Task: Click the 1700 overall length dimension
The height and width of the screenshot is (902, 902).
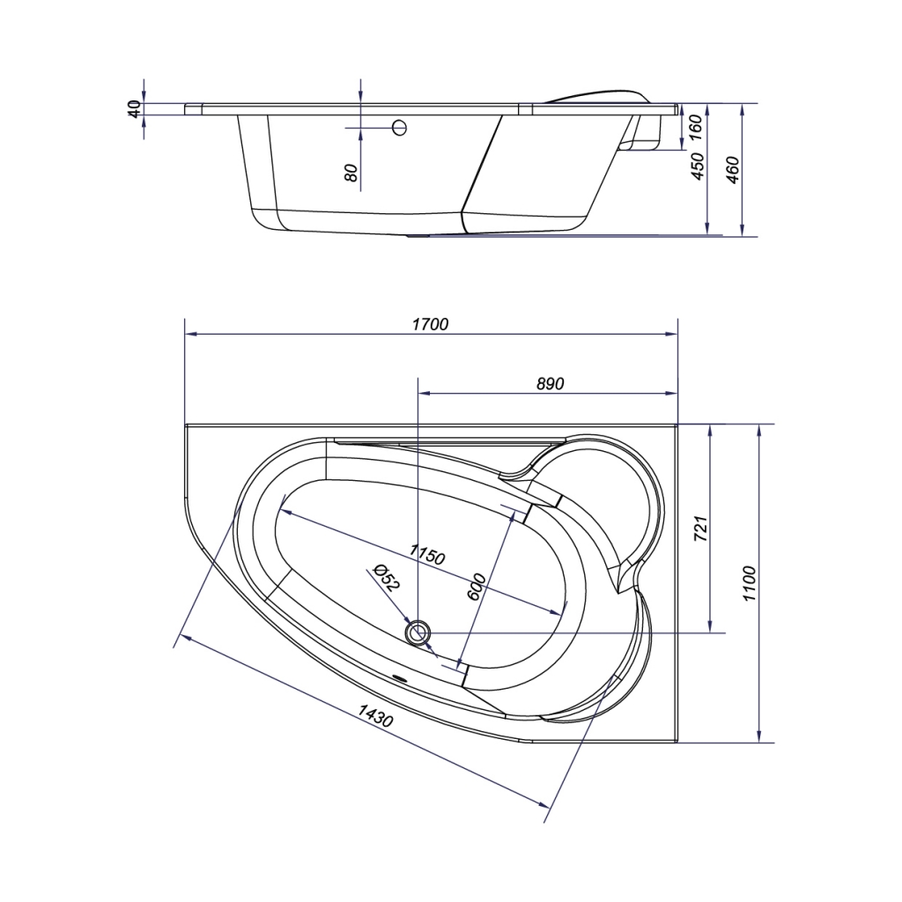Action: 430,324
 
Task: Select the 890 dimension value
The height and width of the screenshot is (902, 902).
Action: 550,384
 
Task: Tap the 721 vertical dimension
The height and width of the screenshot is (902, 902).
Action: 700,529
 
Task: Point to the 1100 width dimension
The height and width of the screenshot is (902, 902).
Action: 748,583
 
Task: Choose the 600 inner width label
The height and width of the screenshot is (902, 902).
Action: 477,587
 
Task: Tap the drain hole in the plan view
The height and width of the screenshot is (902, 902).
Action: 418,632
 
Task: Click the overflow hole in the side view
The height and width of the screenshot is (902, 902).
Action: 399,127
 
